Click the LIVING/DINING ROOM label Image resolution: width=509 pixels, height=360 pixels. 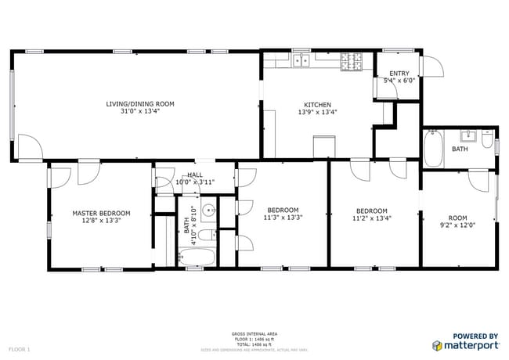coord(140,104)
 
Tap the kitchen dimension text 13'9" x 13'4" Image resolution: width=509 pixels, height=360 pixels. coord(317,112)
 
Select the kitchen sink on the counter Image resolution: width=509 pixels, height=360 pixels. coord(301,59)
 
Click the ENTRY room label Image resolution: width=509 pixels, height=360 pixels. coord(399,74)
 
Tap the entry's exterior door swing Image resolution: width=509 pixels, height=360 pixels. coord(430,68)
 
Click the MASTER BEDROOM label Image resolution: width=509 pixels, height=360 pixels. coord(101,213)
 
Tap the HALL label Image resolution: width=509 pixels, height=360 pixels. coord(195,175)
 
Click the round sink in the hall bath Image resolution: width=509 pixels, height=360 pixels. coord(208,211)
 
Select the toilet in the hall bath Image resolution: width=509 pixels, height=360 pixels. coord(204,236)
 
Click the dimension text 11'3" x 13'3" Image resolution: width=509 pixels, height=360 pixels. coord(283,218)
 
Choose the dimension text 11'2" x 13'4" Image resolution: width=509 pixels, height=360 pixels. coord(372,219)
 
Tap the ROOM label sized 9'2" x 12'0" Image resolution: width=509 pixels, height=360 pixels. coord(457,218)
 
